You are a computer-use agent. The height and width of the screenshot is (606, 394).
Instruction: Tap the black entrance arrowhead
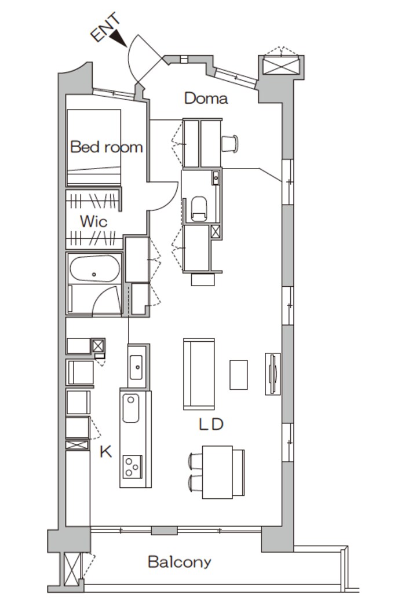(118, 39)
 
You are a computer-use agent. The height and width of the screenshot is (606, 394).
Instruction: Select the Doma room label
(206, 98)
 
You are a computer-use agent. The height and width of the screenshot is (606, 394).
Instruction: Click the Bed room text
(107, 147)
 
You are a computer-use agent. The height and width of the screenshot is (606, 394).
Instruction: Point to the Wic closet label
(93, 221)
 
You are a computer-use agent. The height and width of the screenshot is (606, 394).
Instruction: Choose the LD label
(211, 424)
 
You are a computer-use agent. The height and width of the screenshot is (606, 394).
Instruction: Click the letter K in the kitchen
(105, 451)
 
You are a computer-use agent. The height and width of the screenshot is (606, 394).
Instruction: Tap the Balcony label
(180, 562)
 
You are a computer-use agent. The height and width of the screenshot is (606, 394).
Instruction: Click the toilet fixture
(199, 209)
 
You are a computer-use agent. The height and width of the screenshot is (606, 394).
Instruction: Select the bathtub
(94, 268)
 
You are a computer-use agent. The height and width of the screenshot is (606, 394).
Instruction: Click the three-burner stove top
(132, 467)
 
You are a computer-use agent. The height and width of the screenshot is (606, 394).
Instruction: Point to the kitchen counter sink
(131, 408)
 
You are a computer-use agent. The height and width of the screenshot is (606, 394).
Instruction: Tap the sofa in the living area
(199, 374)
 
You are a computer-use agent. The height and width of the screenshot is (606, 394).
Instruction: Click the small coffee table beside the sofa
(239, 374)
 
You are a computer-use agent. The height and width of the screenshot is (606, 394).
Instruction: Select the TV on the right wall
(272, 374)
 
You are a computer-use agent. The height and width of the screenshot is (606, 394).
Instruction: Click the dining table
(217, 472)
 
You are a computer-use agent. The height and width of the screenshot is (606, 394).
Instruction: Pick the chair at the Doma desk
(229, 144)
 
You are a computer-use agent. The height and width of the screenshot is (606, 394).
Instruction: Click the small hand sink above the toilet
(216, 178)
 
